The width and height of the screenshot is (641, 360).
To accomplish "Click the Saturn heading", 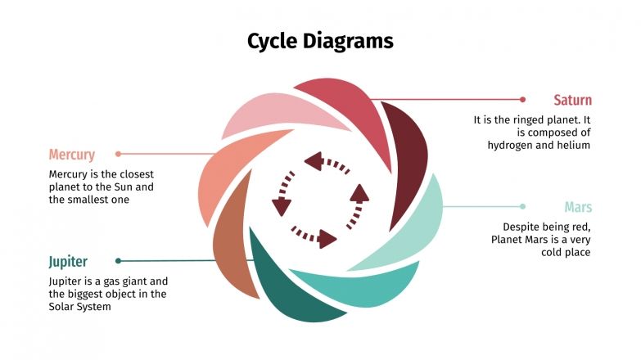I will pyautogui.click(x=572, y=101).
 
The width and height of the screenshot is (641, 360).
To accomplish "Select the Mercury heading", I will pyautogui.click(x=72, y=155).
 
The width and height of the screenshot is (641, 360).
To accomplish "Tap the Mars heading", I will pyautogui.click(x=577, y=207).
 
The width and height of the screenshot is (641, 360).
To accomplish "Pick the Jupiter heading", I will pyautogui.click(x=68, y=262).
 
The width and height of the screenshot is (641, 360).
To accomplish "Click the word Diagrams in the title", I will pyautogui.click(x=352, y=41).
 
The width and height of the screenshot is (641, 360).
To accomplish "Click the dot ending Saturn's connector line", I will pyautogui.click(x=522, y=100).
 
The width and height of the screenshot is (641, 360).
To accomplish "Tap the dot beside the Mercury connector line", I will pyautogui.click(x=119, y=154).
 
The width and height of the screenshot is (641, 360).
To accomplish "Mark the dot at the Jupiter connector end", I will pyautogui.click(x=119, y=261).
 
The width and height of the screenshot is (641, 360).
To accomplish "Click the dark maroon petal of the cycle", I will pyautogui.click(x=406, y=155).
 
